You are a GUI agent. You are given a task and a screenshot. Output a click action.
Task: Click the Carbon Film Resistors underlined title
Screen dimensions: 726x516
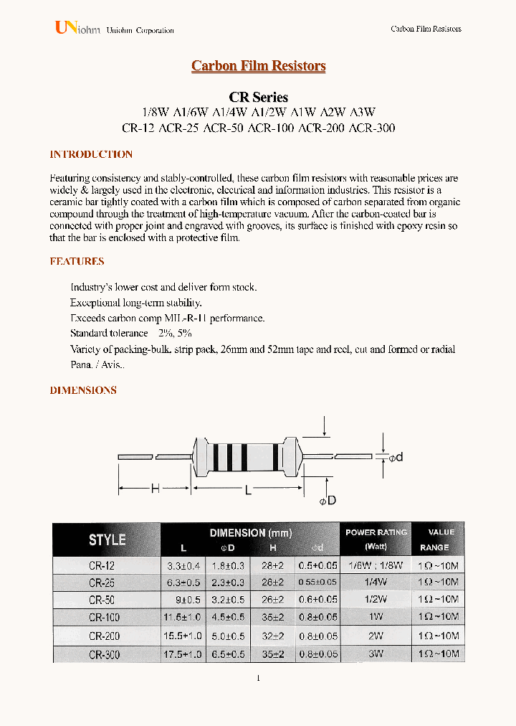click(258, 66)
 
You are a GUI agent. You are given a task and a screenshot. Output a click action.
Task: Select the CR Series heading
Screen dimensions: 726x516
click(258, 97)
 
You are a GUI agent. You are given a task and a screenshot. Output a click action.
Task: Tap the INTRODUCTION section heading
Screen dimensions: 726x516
click(91, 154)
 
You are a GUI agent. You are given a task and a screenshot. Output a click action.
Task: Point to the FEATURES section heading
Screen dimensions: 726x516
click(77, 261)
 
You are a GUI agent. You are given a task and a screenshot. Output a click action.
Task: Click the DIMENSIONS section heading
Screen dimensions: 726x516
click(83, 390)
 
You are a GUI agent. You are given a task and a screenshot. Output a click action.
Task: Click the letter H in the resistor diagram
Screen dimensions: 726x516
click(154, 489)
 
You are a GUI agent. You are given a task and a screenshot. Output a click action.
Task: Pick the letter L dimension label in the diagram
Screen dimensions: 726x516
click(248, 489)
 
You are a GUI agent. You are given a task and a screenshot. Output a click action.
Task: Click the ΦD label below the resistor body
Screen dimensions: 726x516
click(327, 500)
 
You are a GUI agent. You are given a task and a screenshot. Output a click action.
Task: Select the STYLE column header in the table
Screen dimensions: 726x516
click(107, 539)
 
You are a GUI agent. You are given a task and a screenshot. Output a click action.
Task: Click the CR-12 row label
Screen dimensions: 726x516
click(102, 565)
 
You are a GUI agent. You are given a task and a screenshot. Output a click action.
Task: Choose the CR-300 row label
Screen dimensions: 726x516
click(104, 654)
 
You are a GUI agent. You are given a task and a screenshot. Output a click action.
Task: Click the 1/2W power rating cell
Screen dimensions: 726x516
click(376, 600)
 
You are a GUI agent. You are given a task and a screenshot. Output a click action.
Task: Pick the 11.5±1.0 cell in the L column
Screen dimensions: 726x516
click(183, 618)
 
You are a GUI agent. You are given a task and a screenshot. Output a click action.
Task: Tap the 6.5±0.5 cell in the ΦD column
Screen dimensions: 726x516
click(228, 654)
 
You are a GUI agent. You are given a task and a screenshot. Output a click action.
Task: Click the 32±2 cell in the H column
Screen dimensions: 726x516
click(274, 636)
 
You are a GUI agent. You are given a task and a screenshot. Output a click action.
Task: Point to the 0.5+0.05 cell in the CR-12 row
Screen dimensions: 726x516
click(317, 565)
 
